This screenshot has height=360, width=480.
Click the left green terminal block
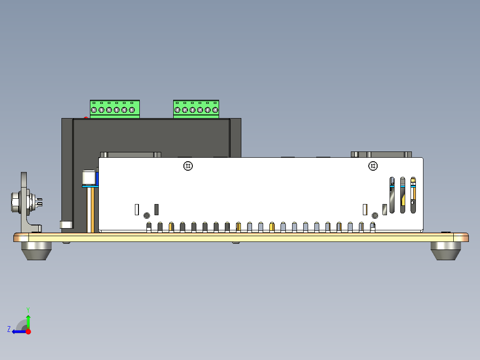point(115,109)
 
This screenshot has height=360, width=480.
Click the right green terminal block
point(196,109)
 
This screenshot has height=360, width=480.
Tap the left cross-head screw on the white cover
point(188,166)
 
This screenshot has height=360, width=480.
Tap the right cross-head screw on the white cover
point(373,166)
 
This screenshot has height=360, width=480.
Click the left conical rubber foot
point(37,251)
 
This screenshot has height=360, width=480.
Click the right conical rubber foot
point(446,251)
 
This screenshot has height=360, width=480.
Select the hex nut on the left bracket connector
point(15,202)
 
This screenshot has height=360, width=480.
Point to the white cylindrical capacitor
point(89,178)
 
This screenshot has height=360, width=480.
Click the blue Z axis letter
point(9,329)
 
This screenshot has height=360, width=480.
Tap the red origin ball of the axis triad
point(28,331)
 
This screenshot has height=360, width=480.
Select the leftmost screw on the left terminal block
point(94,110)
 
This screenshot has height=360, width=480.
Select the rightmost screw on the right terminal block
point(215,110)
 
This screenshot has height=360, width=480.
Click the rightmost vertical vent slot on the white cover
point(413,195)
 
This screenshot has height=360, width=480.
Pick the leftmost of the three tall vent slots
point(392,195)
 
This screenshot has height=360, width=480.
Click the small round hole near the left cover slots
point(146,215)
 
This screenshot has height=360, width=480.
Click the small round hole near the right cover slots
point(375,215)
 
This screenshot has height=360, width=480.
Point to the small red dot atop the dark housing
point(86,117)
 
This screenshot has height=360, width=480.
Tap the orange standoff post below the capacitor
point(91,210)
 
